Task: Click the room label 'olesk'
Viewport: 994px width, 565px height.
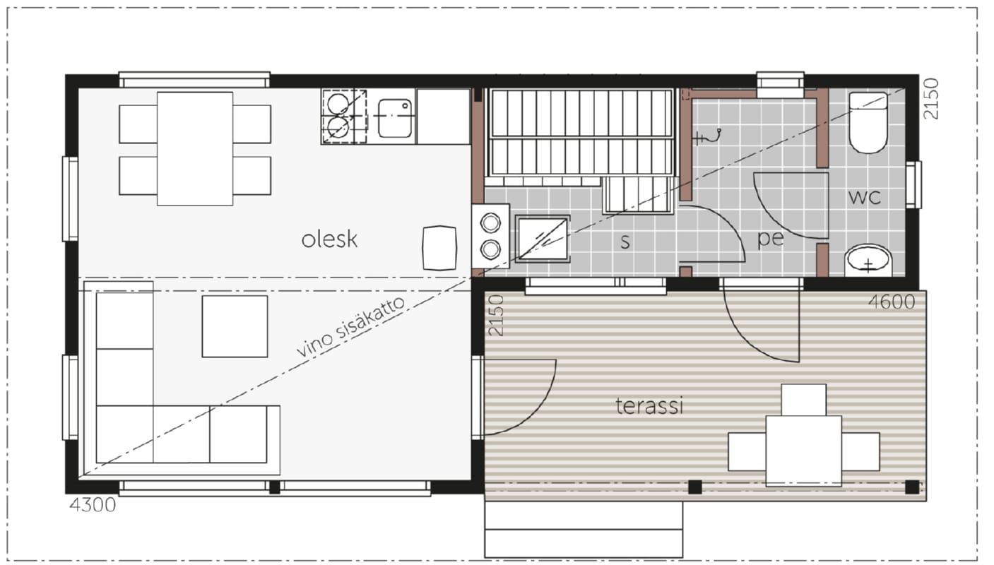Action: pos(329,239)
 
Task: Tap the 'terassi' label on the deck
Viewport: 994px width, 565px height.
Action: pos(649,406)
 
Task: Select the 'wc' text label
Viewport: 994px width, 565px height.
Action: pos(865,197)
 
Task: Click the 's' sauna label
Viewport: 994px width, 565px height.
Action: pos(625,242)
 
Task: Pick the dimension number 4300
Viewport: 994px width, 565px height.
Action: pos(93,505)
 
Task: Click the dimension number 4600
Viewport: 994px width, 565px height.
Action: pos(892,302)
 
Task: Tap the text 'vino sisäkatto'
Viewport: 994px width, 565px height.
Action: pos(350,326)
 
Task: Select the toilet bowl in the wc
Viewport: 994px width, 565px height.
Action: pos(868,123)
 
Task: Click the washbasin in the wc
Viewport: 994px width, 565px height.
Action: pos(868,261)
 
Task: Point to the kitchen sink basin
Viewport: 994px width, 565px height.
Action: pos(395,118)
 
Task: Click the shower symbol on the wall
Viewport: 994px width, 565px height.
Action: pos(707,136)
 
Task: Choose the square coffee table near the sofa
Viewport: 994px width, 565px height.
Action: pos(235,326)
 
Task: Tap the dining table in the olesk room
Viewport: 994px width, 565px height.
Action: pos(195,148)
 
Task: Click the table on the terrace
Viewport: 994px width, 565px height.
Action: pos(804,451)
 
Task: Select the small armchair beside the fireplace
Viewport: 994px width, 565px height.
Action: pos(439,248)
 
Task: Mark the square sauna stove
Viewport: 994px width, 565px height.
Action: pos(543,239)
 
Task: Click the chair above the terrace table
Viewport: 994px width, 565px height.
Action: pos(804,400)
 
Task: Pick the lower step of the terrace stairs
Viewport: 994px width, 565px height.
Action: pos(584,543)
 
